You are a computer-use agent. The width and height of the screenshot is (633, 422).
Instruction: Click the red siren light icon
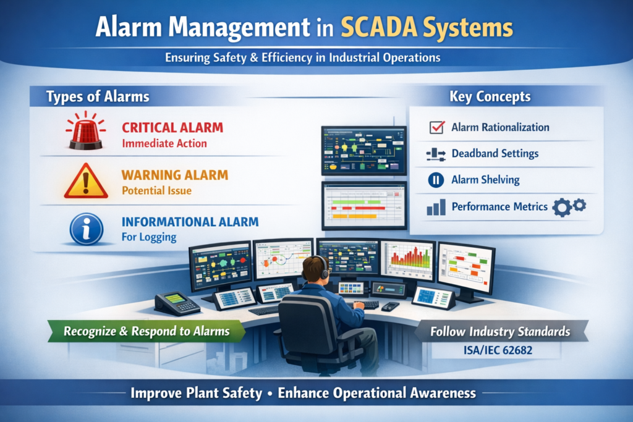coord(85,131)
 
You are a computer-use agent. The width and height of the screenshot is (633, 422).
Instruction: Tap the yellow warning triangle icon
coord(86,182)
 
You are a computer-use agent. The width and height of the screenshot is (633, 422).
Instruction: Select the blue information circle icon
coord(86,229)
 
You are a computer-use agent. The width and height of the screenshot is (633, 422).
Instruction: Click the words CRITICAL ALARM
coord(172,127)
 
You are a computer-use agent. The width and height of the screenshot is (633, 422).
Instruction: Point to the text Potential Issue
coord(156,190)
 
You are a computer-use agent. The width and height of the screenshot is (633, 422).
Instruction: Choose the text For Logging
coord(149,237)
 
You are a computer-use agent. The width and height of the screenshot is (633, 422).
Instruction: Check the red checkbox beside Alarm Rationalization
coord(437,127)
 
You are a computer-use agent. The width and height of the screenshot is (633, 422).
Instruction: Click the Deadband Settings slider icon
coord(436,154)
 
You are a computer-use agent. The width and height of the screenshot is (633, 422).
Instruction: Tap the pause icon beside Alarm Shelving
coord(436,180)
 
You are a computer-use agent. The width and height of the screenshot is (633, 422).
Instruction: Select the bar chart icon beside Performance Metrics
coord(436,207)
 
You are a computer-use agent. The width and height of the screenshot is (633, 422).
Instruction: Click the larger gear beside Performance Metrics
coord(562,208)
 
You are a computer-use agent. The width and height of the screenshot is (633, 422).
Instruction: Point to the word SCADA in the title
coord(379,27)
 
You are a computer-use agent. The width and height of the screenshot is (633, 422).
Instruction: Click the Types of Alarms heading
coord(98,97)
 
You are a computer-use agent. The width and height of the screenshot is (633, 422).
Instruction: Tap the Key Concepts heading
coord(490,96)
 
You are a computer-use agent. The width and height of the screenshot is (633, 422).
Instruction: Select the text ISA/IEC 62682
coord(498,350)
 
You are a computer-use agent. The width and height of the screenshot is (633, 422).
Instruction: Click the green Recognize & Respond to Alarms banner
coord(147,331)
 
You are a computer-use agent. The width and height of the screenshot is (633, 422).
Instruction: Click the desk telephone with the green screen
coord(177,303)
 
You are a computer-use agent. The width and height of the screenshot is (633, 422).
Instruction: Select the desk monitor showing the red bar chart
coord(408,260)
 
